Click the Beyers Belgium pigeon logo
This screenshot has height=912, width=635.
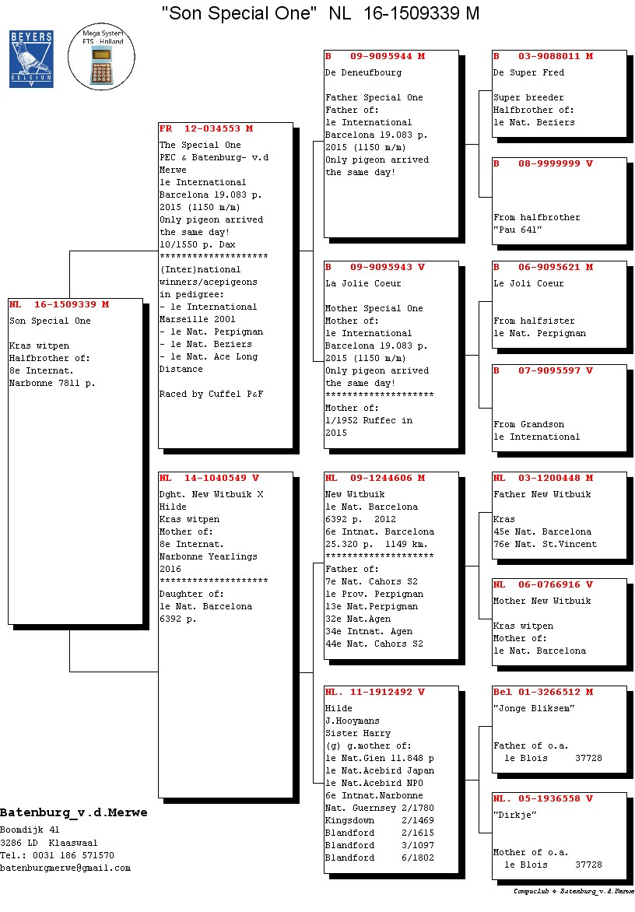click(31, 59)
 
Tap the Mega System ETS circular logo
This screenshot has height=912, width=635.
click(101, 57)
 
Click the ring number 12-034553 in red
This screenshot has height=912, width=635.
click(212, 128)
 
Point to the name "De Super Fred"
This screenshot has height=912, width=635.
click(528, 72)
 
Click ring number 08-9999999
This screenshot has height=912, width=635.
click(549, 164)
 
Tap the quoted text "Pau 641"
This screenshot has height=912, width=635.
click(517, 230)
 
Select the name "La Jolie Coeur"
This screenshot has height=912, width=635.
click(363, 284)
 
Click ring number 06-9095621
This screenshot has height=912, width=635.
click(549, 268)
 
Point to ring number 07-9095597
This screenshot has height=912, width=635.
click(549, 370)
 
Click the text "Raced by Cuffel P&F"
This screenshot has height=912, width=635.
click(211, 395)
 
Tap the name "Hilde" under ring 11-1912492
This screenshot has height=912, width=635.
click(339, 708)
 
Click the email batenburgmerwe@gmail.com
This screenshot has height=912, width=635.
click(65, 868)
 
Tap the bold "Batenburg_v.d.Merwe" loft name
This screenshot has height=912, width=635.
click(74, 812)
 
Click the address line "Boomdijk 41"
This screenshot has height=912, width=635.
click(30, 830)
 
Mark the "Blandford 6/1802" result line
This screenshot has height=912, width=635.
click(380, 858)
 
